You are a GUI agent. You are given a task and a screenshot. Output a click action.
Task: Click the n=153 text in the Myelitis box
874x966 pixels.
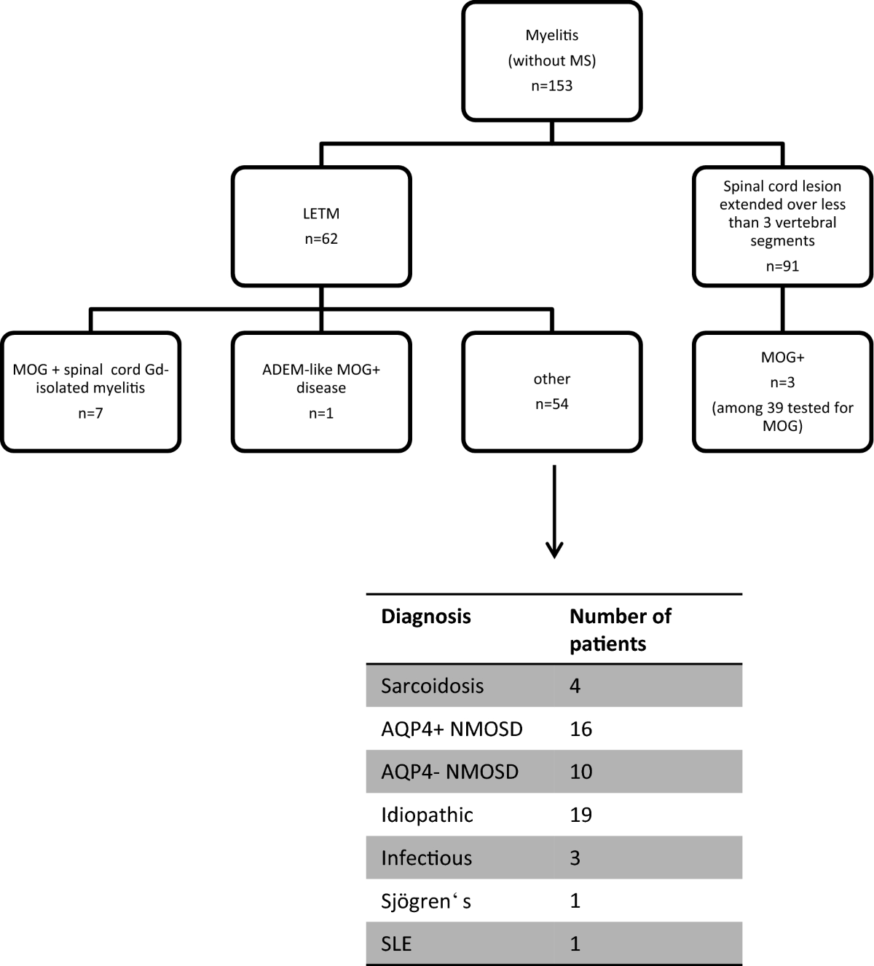point(551,86)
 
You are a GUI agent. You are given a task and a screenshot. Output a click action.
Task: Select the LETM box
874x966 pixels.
point(321,226)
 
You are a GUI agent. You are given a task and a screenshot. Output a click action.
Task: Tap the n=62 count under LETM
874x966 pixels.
point(321,239)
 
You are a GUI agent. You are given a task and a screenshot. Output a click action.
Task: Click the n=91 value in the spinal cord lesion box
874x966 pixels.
point(782,266)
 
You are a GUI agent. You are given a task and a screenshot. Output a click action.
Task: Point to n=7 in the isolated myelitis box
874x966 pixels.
point(91,413)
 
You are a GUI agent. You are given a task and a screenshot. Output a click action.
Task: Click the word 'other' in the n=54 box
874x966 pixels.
point(551,379)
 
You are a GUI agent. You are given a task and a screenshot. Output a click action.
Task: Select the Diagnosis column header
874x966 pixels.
point(426,617)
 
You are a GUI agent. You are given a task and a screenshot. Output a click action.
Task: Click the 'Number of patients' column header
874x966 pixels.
point(620,630)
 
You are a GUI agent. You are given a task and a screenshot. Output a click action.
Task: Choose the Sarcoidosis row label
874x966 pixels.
point(432,686)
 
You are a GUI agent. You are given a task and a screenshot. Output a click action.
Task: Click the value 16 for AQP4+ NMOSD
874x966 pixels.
point(580,729)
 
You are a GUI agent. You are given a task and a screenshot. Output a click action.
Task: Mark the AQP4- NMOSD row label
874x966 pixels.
point(449,772)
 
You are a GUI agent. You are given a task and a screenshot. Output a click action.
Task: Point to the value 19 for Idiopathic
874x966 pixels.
point(580,815)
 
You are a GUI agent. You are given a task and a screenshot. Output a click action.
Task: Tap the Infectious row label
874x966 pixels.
point(426,858)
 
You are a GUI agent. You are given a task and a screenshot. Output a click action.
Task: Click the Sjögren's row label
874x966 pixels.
point(426,901)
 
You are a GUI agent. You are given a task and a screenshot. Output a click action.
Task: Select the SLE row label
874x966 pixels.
point(396,944)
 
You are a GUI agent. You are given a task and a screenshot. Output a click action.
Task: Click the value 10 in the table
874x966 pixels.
point(580,772)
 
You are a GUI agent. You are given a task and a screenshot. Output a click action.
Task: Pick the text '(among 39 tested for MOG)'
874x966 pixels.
point(782,417)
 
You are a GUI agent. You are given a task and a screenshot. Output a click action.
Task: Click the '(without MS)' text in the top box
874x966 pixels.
point(551,60)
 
